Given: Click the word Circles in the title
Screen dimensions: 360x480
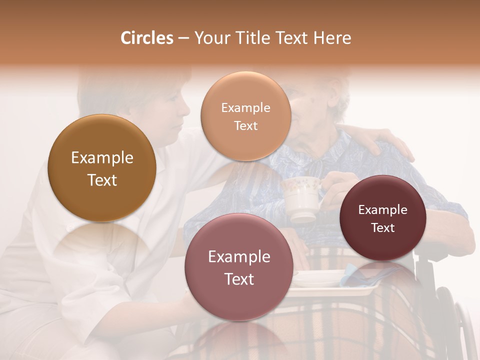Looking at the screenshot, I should tap(146, 38).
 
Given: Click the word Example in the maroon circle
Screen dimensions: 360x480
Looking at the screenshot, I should tap(383, 210).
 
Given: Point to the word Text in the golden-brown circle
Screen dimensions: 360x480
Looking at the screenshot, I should tap(102, 180).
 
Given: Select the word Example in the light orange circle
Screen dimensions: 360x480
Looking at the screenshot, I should tap(245, 108).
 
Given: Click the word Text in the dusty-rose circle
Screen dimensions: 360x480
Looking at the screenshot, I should tap(239, 279).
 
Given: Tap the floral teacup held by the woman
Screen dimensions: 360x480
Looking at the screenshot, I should tap(301, 197).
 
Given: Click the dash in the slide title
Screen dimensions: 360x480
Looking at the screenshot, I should tap(183, 38).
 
